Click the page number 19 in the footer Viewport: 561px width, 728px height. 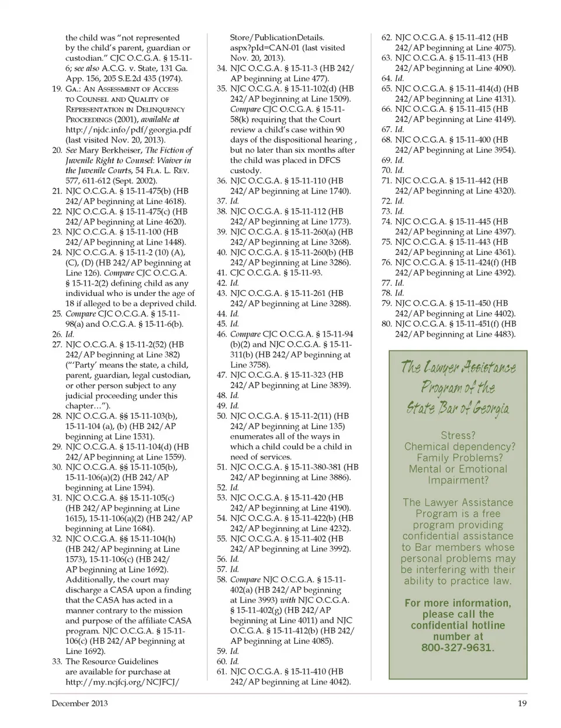click(522, 703)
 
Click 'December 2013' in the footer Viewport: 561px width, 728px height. click(79, 703)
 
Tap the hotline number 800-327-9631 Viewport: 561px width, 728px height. click(458, 647)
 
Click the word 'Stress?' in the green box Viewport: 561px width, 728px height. click(458, 436)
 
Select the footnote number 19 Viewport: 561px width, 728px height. click(57, 89)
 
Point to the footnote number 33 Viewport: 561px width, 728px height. click(57, 661)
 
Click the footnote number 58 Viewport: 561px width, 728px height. click(221, 579)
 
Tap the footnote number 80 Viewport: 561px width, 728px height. click(386, 324)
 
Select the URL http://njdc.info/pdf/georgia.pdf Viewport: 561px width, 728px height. click(129, 130)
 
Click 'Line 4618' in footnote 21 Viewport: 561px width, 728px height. click(165, 201)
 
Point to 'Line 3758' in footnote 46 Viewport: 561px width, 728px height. click(250, 365)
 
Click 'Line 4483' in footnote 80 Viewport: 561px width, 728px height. click(494, 334)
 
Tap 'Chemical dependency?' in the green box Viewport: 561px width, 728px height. click(460, 447)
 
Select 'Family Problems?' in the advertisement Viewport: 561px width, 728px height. click(459, 458)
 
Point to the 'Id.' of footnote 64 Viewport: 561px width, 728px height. click(400, 78)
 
